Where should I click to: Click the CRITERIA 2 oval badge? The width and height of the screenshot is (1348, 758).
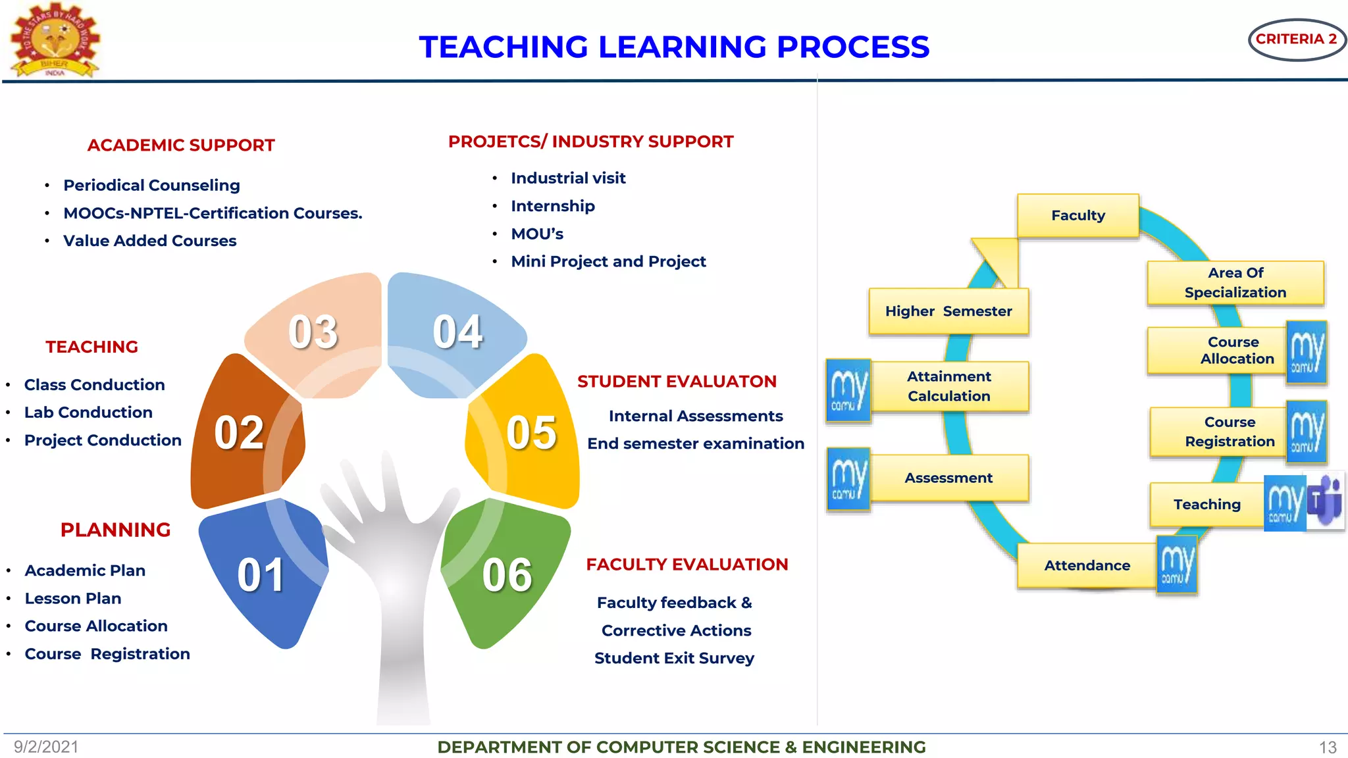pos(1296,39)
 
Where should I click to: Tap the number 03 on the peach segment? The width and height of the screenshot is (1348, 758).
pos(313,332)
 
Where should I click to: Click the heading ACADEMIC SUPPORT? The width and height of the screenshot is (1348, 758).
pos(181,145)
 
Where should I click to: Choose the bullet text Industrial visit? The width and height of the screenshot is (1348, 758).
pos(568,178)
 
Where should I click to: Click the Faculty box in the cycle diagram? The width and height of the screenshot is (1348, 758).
pos(1077,215)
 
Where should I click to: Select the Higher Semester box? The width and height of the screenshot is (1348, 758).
pos(948,311)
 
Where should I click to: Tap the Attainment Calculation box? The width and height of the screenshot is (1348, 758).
pos(948,386)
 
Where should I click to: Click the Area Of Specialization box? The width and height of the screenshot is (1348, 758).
pos(1235,282)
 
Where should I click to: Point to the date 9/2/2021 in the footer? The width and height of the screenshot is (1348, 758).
pos(46,747)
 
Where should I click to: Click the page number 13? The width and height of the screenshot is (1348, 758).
pos(1328,747)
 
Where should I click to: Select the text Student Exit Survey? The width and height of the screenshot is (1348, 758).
pos(674,658)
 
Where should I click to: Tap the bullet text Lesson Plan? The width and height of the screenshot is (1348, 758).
pos(73,599)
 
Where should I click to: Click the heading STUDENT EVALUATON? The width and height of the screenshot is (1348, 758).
pos(677,382)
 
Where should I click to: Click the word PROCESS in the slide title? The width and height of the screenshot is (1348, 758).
pos(852,47)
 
